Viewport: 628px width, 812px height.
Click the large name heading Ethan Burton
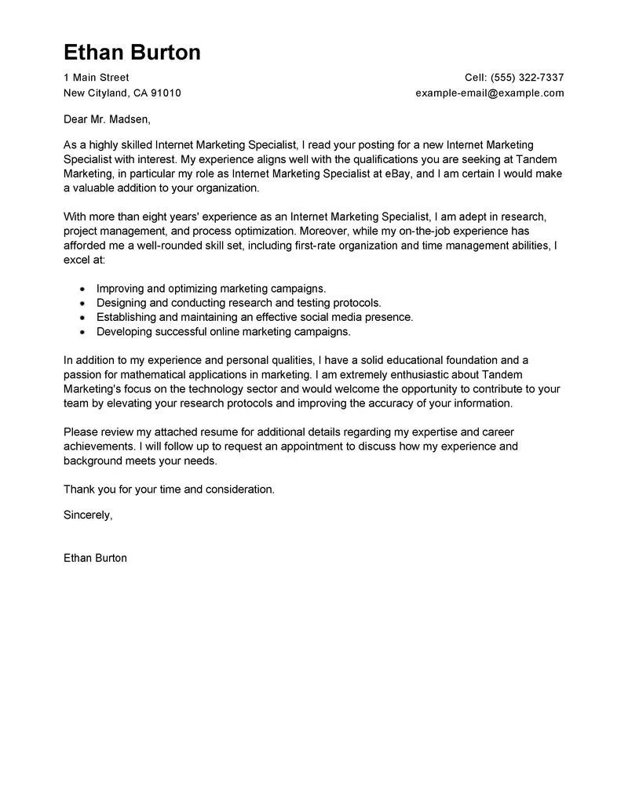[x=132, y=52]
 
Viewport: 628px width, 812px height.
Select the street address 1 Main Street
[x=96, y=78]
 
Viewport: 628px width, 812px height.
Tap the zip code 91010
[x=166, y=93]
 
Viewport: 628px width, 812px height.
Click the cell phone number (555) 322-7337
[x=528, y=78]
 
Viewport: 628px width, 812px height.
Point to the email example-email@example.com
[x=490, y=93]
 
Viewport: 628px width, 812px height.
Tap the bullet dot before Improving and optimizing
[x=82, y=289]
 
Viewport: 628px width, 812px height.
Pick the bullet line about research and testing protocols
[x=239, y=303]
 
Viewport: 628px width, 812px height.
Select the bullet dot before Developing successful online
[x=82, y=332]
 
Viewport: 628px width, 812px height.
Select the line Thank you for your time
[x=169, y=489]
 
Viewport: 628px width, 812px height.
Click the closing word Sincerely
[x=87, y=515]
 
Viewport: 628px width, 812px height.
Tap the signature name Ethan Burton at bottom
[x=95, y=558]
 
